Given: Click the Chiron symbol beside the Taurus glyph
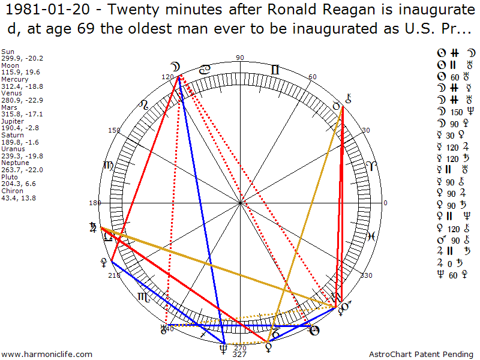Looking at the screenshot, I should coord(349,100).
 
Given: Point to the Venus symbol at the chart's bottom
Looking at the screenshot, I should coord(268,346).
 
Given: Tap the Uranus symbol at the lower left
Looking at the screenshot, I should coord(163,328).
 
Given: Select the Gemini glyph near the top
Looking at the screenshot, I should coord(274,70).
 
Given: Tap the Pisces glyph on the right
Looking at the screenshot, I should coord(372,236).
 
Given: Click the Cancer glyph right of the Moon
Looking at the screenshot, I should coord(205,70).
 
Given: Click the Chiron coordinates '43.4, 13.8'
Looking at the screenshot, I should coord(19,197).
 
